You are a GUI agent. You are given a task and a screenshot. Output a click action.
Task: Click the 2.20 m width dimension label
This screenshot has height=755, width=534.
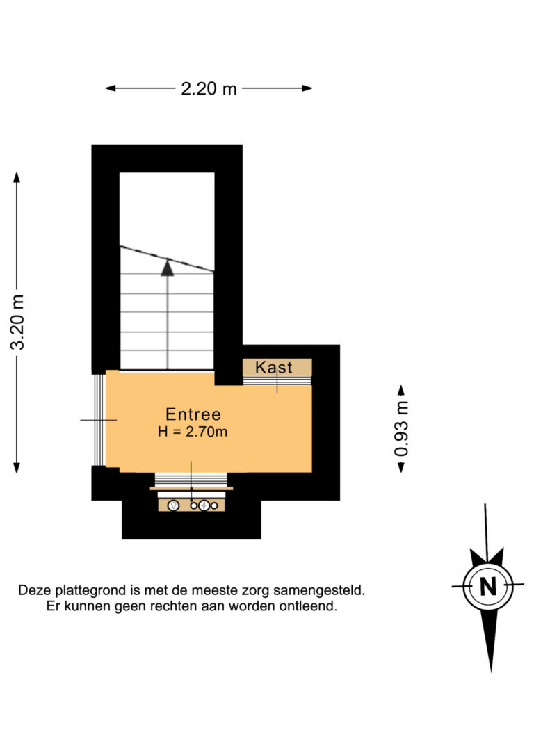(209, 88)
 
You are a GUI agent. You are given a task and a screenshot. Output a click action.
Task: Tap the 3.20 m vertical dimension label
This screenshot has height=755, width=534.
(18, 322)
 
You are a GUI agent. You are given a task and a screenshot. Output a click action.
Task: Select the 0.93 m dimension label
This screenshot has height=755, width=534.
(401, 428)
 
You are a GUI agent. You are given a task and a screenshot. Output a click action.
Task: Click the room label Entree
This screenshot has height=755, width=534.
(193, 414)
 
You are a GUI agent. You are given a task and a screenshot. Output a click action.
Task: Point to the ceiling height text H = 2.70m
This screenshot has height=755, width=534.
(193, 432)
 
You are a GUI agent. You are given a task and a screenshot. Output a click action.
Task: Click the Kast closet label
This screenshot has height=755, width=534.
(273, 367)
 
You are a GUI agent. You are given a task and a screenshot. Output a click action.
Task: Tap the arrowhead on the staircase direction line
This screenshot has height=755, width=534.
(167, 268)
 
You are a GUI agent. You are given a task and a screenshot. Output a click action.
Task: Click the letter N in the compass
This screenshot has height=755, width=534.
(488, 587)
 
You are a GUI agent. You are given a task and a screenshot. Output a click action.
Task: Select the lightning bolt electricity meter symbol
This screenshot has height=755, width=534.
(204, 505)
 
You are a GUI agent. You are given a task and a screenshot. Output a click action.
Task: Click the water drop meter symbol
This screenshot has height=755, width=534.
(173, 505)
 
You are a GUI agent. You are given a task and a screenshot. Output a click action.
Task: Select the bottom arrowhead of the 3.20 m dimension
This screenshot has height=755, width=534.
(17, 467)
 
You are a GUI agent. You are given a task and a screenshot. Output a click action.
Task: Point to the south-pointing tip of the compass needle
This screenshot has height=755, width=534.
(491, 671)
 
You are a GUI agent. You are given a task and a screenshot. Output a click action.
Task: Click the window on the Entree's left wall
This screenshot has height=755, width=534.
(99, 420)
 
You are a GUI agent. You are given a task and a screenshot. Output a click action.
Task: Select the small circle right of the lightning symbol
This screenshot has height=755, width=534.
(214, 505)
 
